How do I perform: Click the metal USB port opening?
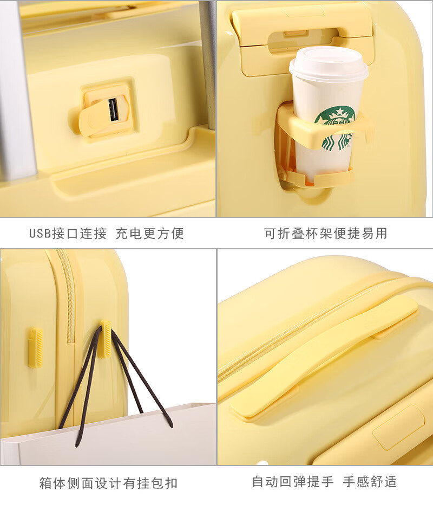pyautogui.click(x=113, y=110)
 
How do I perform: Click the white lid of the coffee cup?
pyautogui.click(x=329, y=64)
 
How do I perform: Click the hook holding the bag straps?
pyautogui.click(x=106, y=339)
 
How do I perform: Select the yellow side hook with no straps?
pyautogui.click(x=36, y=347)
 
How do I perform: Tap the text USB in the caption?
pyautogui.click(x=40, y=234)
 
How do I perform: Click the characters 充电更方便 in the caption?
pyautogui.click(x=149, y=234)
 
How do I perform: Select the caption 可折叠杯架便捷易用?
pyautogui.click(x=326, y=234)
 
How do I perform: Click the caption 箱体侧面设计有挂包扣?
pyautogui.click(x=108, y=483)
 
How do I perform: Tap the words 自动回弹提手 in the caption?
pyautogui.click(x=293, y=482)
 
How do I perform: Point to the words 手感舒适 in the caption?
pyautogui.click(x=370, y=482)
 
